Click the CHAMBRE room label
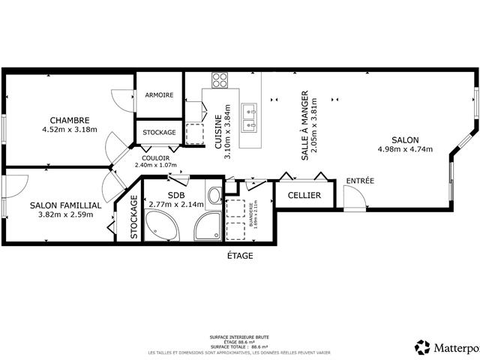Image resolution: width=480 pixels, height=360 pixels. (70, 120)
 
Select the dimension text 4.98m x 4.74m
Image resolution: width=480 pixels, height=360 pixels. (404, 148)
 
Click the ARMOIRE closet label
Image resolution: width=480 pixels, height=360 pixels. (159, 95)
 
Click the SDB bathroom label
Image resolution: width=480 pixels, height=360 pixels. (175, 194)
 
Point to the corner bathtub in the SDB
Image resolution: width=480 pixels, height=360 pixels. (160, 225)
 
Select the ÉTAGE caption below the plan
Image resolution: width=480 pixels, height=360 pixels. (240, 256)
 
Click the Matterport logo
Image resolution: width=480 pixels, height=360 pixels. (445, 346)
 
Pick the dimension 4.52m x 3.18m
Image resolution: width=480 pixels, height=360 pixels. (70, 129)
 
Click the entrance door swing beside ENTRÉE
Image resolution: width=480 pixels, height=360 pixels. (352, 199)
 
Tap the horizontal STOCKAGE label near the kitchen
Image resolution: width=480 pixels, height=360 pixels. (159, 133)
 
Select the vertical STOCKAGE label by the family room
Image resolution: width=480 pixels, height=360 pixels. (134, 217)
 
